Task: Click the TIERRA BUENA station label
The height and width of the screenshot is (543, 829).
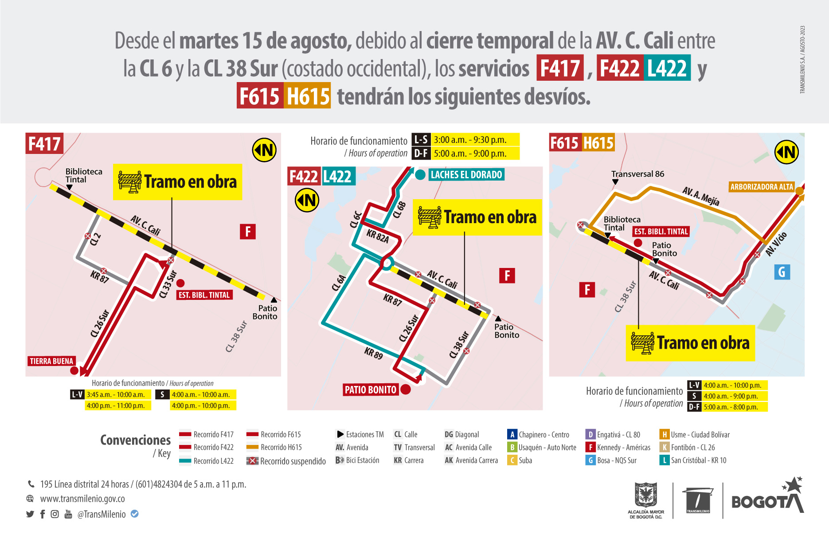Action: tap(51, 361)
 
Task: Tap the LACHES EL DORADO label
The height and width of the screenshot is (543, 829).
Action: tap(466, 175)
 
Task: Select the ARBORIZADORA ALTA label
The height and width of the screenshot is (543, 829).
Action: tap(761, 187)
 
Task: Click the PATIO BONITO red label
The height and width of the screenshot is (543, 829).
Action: tap(371, 390)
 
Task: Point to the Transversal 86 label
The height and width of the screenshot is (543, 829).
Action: tap(637, 174)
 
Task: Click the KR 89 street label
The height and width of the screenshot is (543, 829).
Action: tap(373, 353)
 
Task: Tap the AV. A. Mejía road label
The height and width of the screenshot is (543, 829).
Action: tap(700, 196)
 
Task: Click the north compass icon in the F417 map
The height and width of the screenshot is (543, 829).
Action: tap(264, 150)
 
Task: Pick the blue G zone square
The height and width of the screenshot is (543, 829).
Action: tap(782, 272)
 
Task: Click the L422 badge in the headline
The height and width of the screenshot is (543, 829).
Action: tap(667, 68)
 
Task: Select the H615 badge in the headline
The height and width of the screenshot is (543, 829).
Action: tap(307, 96)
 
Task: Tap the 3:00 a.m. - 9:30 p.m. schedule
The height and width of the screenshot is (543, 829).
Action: tap(470, 140)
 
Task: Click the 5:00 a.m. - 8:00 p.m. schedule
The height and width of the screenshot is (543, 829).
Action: tap(731, 407)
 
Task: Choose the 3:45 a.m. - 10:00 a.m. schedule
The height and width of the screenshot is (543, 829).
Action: tap(116, 394)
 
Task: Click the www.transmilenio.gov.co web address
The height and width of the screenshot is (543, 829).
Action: tap(82, 499)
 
